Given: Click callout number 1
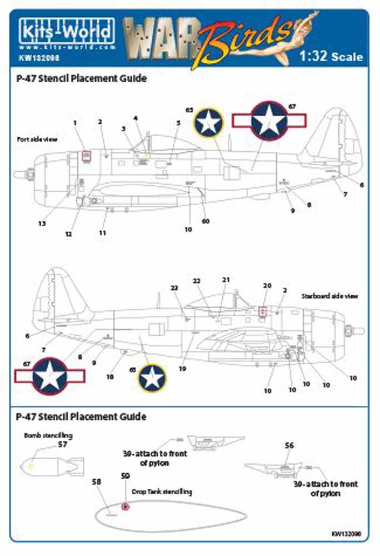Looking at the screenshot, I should click(x=75, y=122).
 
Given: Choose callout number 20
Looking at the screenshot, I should click(x=267, y=285).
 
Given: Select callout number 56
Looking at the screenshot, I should click(x=289, y=445).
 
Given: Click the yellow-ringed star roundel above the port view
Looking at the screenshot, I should click(x=208, y=122).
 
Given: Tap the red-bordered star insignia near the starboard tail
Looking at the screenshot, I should click(x=49, y=376).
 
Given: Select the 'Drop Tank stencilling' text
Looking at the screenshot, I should click(x=162, y=492).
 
